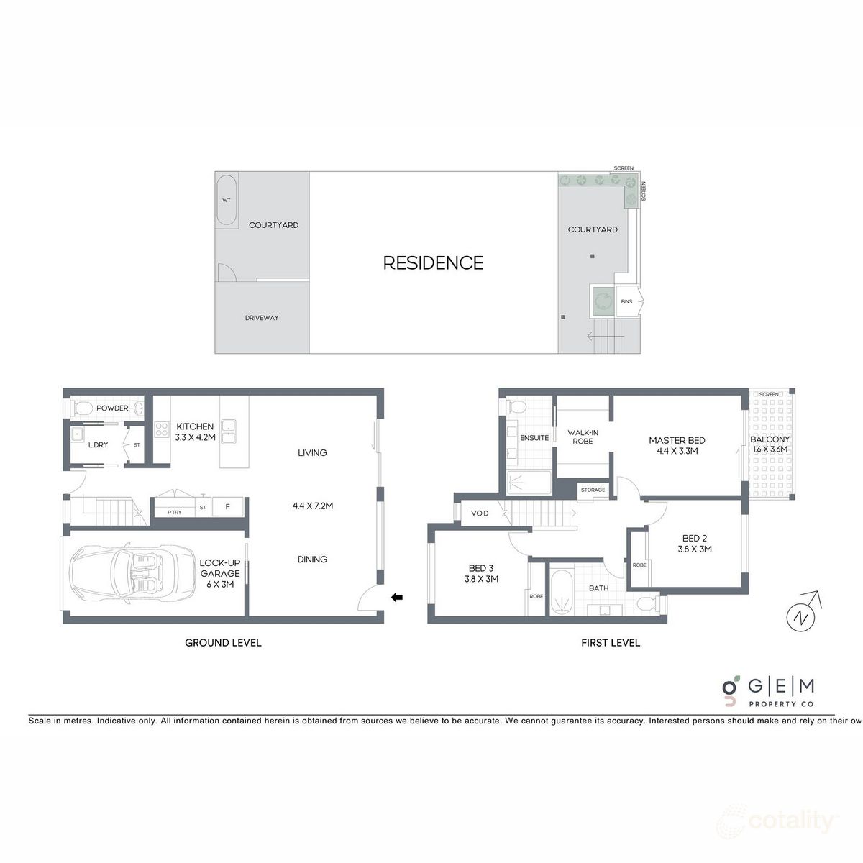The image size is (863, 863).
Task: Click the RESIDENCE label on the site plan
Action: pyautogui.click(x=432, y=263)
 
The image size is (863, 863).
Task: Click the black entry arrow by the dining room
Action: pyautogui.click(x=396, y=596)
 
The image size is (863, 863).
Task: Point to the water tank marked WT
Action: pyautogui.click(x=227, y=201)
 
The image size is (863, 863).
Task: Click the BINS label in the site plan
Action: pyautogui.click(x=626, y=301)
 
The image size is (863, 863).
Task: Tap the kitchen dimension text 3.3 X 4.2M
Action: pyautogui.click(x=195, y=437)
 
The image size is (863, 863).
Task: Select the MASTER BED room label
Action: pyautogui.click(x=677, y=440)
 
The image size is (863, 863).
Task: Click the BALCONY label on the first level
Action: pyautogui.click(x=770, y=439)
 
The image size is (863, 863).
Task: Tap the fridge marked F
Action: pyautogui.click(x=228, y=507)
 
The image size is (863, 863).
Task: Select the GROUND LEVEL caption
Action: pyautogui.click(x=223, y=642)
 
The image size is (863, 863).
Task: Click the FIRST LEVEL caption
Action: pyautogui.click(x=611, y=642)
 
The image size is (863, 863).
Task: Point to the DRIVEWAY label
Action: pyautogui.click(x=261, y=318)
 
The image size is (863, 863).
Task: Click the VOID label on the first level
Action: pyautogui.click(x=480, y=513)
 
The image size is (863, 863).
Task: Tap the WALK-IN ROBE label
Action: pyautogui.click(x=583, y=437)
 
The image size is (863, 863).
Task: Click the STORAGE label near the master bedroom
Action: pyautogui.click(x=593, y=490)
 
